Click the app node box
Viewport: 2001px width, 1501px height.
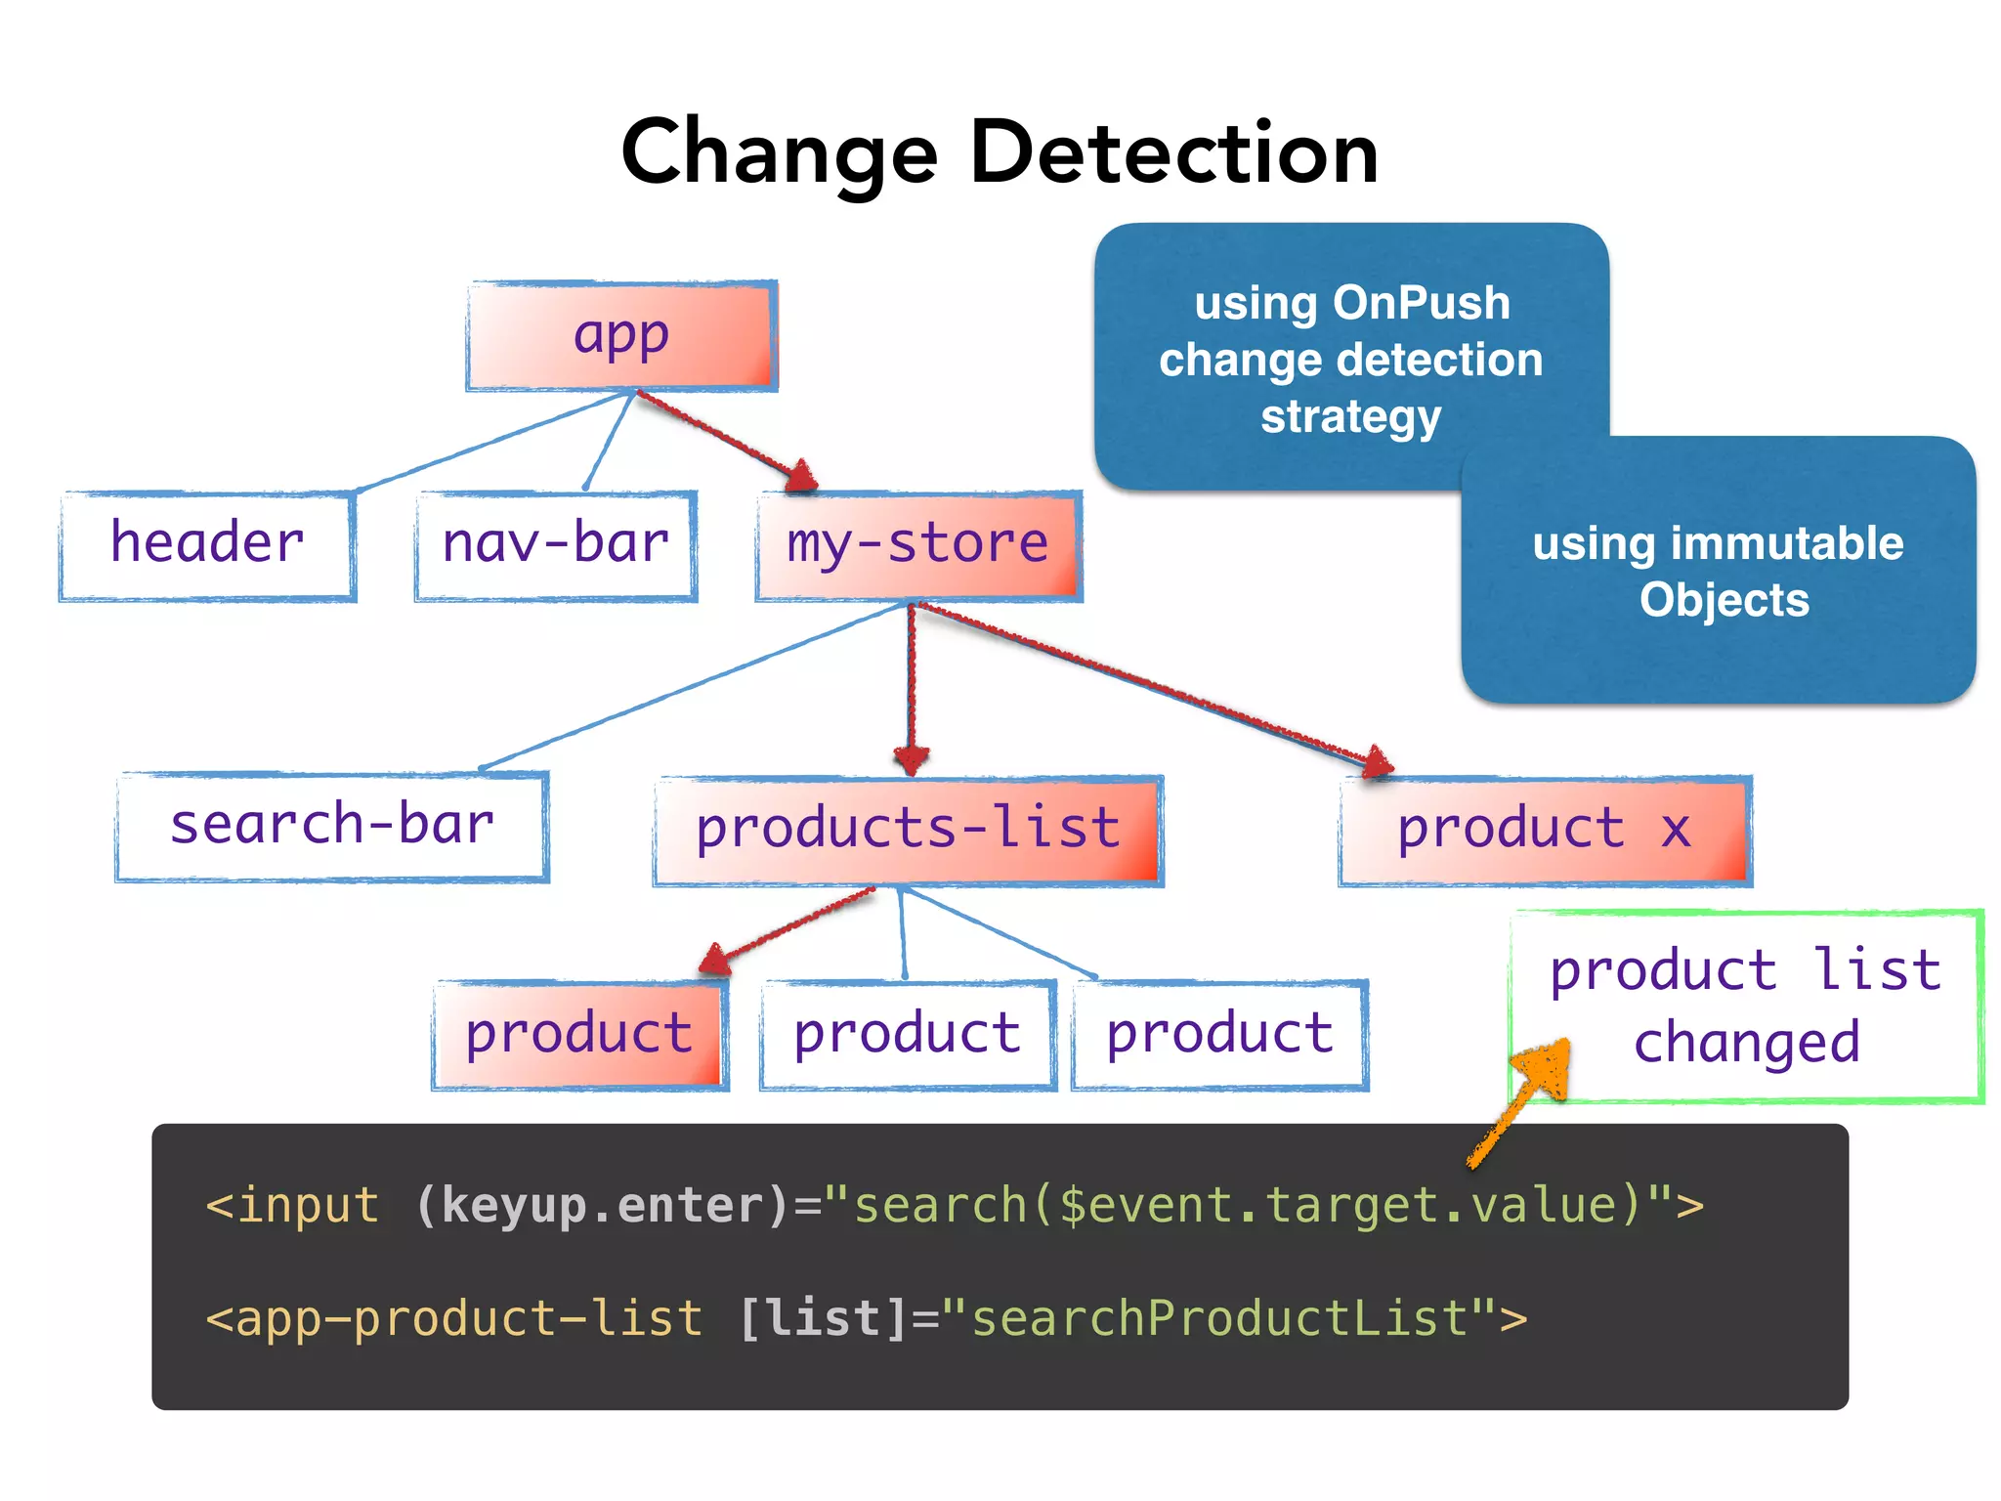[621, 336]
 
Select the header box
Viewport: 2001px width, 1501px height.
[207, 545]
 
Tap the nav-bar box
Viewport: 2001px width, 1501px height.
[555, 545]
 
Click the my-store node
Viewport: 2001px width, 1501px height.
[918, 545]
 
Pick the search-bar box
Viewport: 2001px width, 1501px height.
[332, 827]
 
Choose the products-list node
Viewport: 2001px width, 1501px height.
[908, 831]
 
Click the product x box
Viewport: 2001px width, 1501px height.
[1544, 831]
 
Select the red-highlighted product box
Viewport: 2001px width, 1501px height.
[580, 1035]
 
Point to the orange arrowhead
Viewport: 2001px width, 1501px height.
[1549, 1065]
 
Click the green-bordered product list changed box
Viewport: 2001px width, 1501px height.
[1747, 1007]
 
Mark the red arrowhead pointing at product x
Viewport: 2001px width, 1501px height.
[1378, 761]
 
